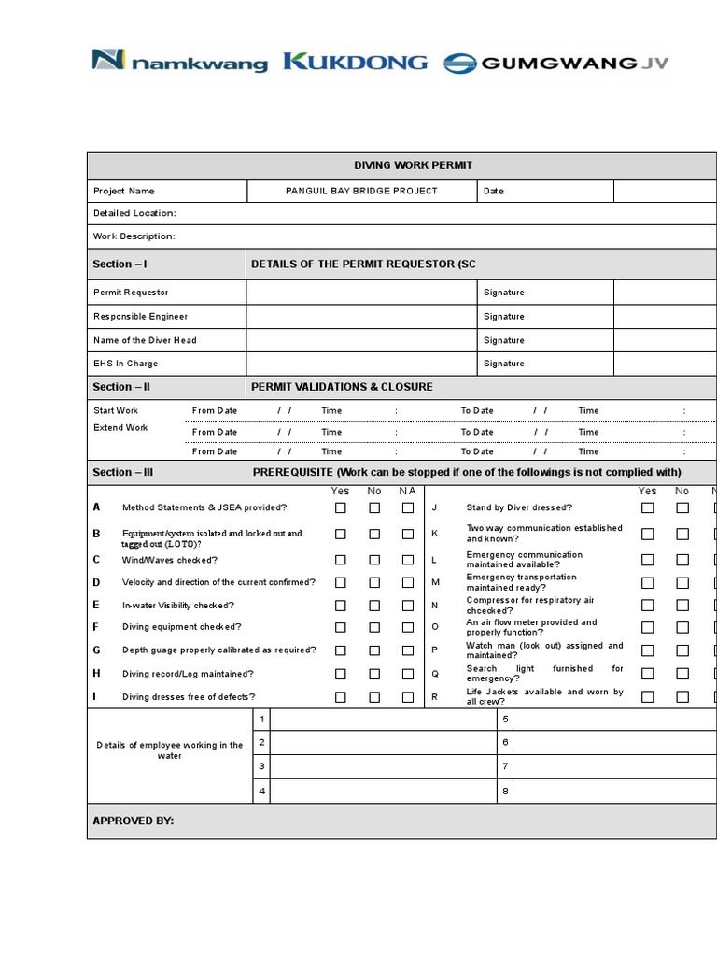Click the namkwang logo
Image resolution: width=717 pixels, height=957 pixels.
click(179, 63)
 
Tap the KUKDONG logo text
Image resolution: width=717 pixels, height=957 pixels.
click(355, 63)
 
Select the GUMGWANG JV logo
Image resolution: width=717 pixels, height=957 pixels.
click(555, 64)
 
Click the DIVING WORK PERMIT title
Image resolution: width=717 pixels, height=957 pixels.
click(413, 165)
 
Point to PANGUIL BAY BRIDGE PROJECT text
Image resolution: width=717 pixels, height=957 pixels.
click(361, 191)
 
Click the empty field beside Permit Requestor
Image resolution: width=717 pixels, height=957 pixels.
click(361, 293)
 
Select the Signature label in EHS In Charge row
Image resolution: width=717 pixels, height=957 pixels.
click(504, 364)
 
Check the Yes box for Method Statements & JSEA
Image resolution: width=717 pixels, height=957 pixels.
click(341, 508)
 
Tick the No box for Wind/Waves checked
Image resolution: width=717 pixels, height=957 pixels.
click(374, 560)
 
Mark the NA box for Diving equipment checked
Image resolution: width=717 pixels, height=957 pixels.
click(408, 628)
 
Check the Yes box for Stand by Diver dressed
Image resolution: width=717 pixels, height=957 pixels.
click(647, 508)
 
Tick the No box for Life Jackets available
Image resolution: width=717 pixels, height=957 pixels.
click(682, 696)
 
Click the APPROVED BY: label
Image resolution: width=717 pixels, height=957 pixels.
click(134, 821)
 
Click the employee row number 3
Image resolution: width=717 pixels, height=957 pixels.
click(262, 766)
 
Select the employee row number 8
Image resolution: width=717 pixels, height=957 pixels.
click(505, 791)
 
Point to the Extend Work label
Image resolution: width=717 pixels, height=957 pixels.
click(120, 428)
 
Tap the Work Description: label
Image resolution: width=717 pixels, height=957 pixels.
click(134, 236)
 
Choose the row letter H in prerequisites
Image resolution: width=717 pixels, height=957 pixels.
click(96, 673)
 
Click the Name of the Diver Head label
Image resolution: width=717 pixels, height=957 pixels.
click(145, 340)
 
